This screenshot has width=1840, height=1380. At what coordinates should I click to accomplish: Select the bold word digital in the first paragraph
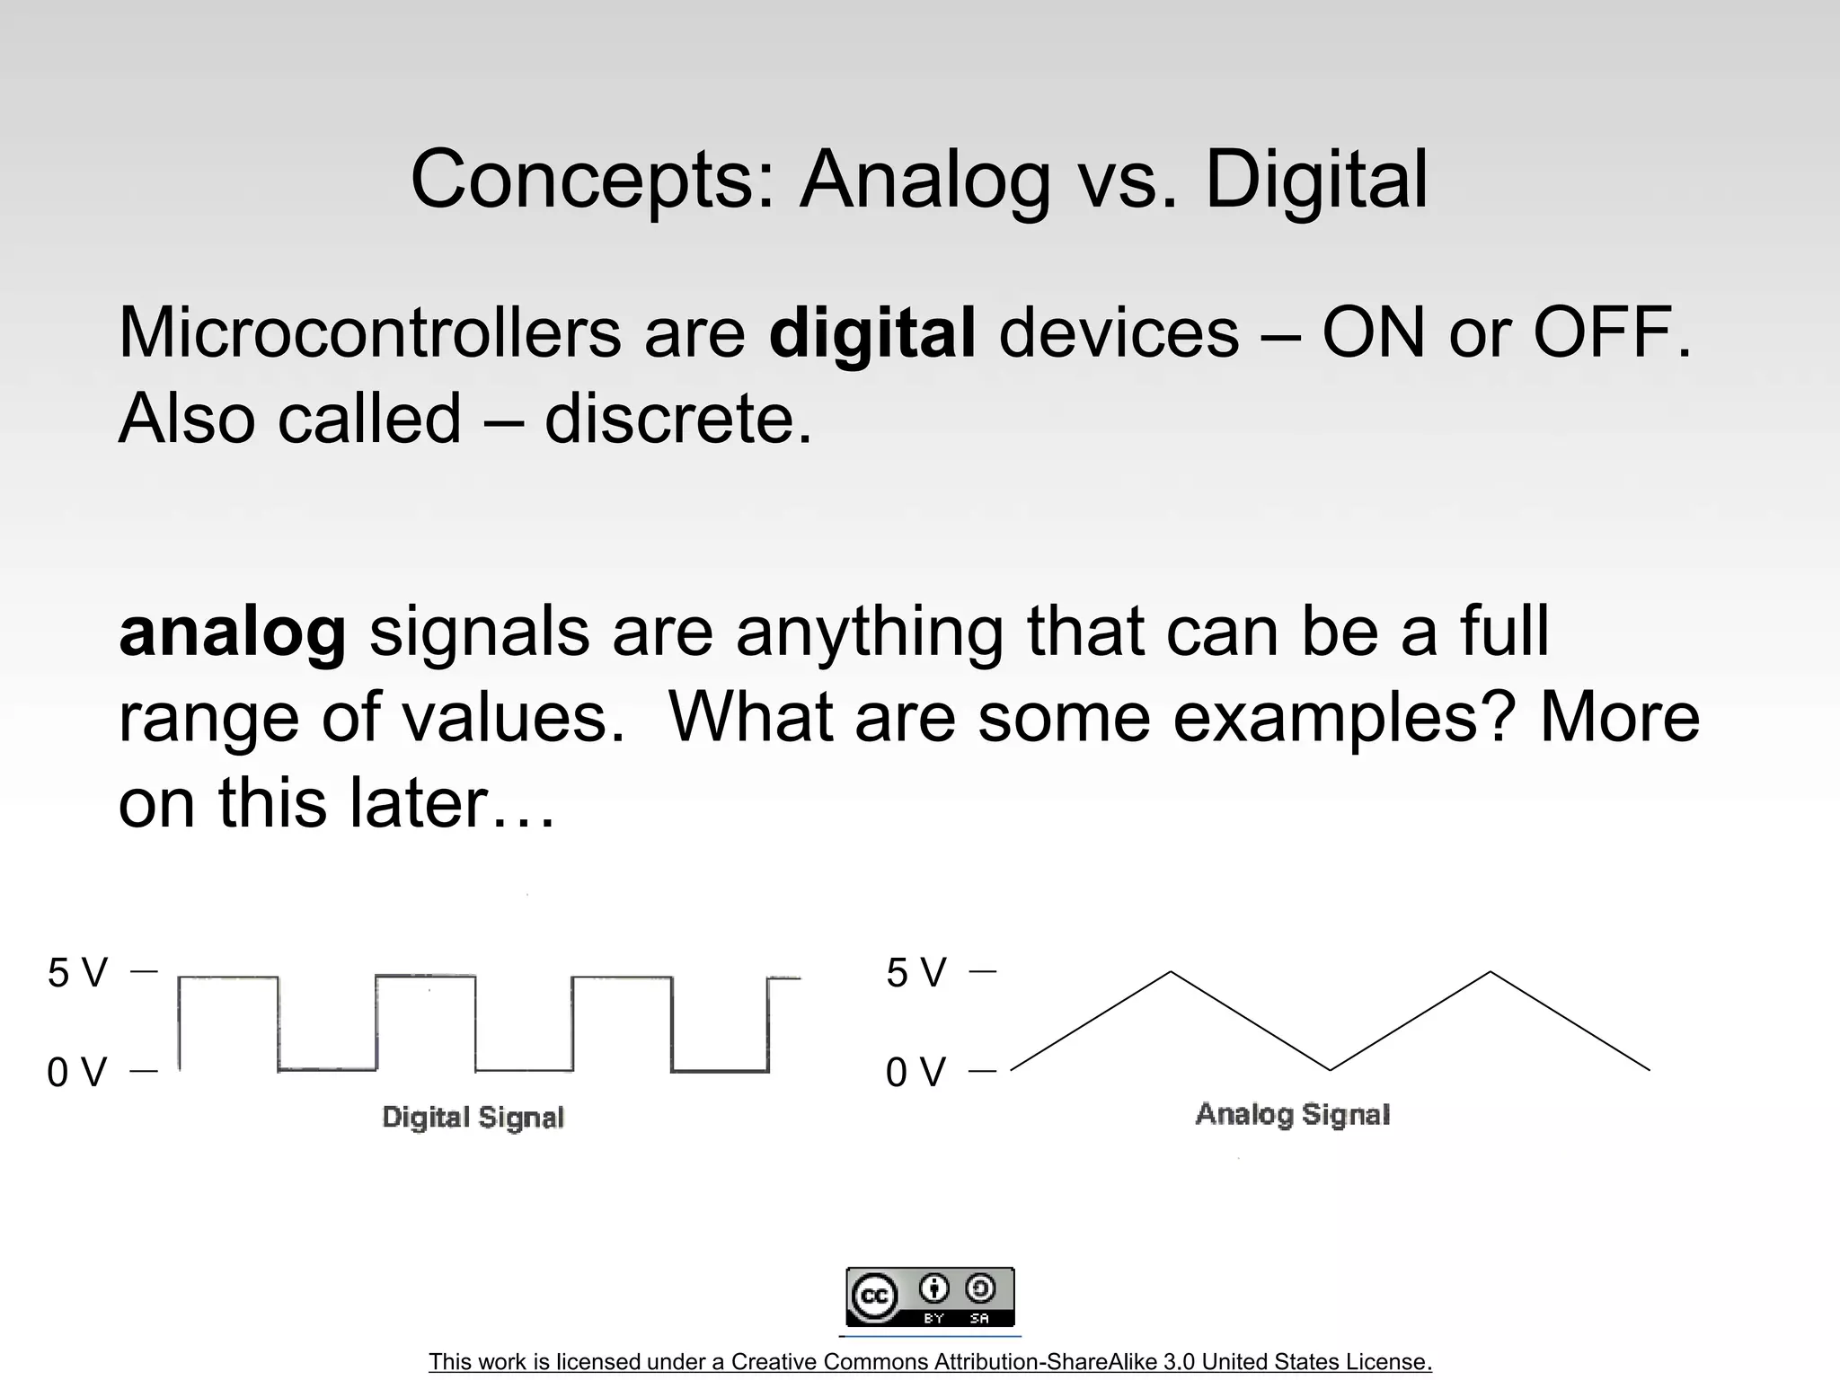coord(871,332)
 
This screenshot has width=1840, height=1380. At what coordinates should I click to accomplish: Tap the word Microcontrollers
coord(369,332)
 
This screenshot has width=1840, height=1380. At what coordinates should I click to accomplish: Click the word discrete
coord(677,419)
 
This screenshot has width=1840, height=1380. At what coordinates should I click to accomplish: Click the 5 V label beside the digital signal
coord(77,973)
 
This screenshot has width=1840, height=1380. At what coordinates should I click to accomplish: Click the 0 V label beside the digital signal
coord(77,1072)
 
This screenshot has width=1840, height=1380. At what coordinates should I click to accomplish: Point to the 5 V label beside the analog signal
coord(916,973)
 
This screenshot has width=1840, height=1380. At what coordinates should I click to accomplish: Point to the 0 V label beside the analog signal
coord(916,1072)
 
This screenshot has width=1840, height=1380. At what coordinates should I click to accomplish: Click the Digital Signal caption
coord(473,1117)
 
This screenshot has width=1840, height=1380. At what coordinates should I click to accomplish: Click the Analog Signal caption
coord(1292,1114)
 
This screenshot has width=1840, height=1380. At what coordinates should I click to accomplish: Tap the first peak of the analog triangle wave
coord(1171,972)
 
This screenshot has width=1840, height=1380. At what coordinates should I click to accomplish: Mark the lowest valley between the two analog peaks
coord(1331,1069)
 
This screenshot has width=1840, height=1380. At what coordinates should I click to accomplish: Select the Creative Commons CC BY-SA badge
coord(930,1296)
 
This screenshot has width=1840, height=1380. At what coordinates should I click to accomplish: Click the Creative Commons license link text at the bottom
coord(930,1362)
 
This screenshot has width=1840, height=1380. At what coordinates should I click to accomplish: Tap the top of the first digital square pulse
coord(228,977)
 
